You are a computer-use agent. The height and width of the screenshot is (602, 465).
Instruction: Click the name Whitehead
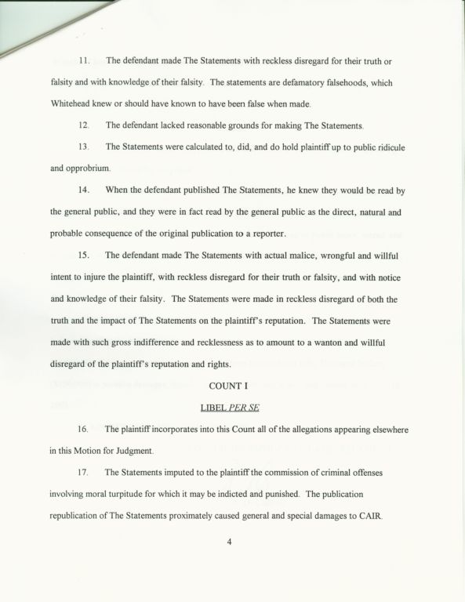pos(75,104)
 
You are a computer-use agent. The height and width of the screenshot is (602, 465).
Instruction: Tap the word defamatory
pos(303,82)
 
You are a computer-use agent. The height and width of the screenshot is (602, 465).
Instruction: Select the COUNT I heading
pos(230,385)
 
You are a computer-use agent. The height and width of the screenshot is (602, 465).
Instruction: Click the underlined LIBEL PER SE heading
pos(230,407)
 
